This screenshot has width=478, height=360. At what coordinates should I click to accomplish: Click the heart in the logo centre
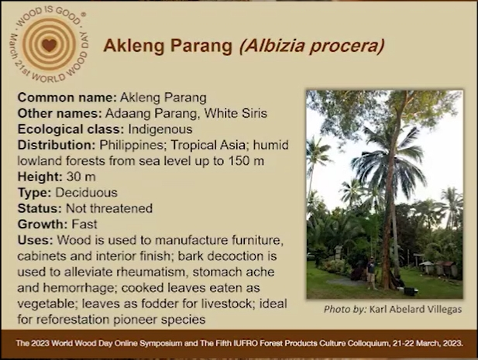49,45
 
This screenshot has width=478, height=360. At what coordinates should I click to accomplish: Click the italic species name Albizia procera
311,46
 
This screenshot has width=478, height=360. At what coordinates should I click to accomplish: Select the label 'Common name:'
67,98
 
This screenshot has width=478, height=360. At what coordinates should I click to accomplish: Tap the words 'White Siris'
236,113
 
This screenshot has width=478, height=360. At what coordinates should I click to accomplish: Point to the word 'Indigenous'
160,129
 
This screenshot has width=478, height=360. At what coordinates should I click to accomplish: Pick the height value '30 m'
81,177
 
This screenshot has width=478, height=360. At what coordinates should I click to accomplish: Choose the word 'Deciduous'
87,193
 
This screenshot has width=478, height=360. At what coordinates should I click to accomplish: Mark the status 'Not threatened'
109,208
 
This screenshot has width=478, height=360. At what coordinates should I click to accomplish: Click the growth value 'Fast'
84,225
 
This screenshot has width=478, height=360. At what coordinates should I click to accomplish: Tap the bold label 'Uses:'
36,240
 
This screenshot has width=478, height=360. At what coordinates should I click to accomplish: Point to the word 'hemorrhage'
67,288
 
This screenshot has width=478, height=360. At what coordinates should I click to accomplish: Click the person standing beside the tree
371,273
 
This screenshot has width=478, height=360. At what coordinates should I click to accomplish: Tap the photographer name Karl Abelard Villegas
416,310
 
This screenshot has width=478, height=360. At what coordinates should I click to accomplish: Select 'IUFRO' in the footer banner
243,343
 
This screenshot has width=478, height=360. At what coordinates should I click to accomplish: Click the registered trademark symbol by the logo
84,14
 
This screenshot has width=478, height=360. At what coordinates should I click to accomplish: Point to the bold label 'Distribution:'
57,145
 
